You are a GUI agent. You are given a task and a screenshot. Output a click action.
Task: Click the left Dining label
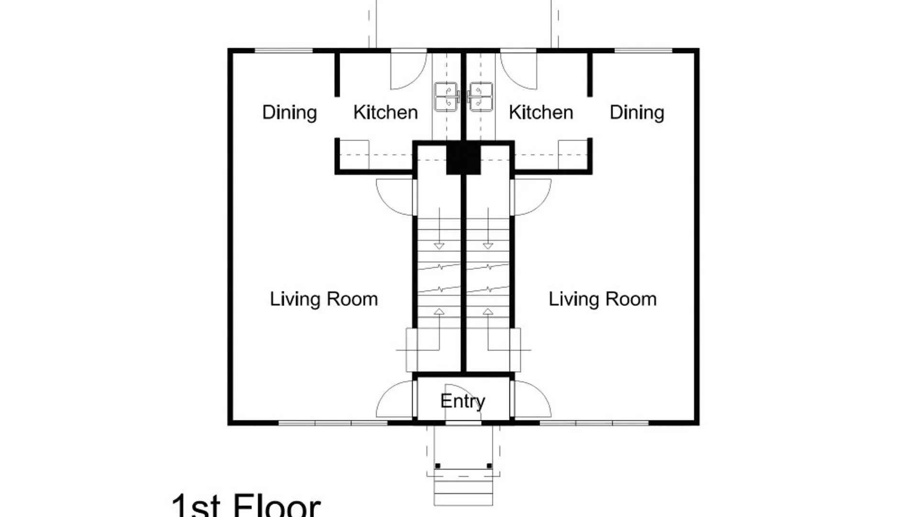[290, 112]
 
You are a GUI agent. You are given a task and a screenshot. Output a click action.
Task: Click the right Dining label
[637, 112]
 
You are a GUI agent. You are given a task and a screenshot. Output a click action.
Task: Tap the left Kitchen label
[385, 112]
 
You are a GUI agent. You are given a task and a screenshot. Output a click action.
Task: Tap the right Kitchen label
[541, 112]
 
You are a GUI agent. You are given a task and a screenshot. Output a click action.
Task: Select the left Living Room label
[324, 299]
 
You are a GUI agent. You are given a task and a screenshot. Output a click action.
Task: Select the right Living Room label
[603, 299]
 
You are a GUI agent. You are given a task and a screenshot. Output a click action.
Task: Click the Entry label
[463, 401]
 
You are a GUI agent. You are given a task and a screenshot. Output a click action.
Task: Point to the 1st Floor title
[246, 505]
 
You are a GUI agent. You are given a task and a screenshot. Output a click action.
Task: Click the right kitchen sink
[480, 97]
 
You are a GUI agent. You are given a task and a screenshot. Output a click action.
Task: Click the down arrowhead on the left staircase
[439, 246]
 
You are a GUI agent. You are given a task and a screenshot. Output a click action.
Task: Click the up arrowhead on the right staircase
[488, 312]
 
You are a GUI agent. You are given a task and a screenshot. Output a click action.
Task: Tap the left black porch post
[437, 466]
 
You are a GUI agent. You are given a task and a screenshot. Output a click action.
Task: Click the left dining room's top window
[283, 50]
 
